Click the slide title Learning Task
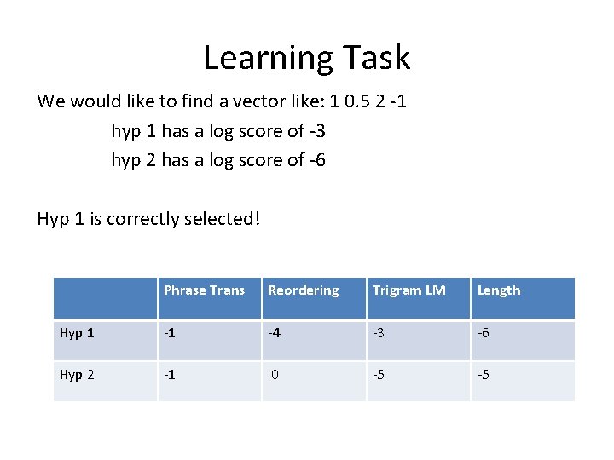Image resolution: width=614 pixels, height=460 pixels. click(x=307, y=58)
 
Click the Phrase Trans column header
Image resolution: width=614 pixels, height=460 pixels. click(x=204, y=290)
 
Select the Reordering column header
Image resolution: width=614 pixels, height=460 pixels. click(x=303, y=290)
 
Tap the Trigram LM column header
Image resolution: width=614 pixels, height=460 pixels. click(x=408, y=290)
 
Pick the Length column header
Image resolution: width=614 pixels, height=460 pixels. click(x=499, y=290)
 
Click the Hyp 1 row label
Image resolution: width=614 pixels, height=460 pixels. click(x=77, y=333)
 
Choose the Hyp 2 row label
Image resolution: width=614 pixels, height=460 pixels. click(x=77, y=374)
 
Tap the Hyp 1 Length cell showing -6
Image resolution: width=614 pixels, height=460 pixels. click(x=484, y=333)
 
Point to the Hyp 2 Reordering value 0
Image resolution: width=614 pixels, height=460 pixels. click(x=275, y=374)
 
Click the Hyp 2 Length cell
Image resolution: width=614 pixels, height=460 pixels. click(x=484, y=374)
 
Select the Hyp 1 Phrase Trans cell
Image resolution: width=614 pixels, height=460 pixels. click(x=171, y=333)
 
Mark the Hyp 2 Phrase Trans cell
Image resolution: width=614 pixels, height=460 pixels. click(x=171, y=374)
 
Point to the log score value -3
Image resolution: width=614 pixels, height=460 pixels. click(x=315, y=131)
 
